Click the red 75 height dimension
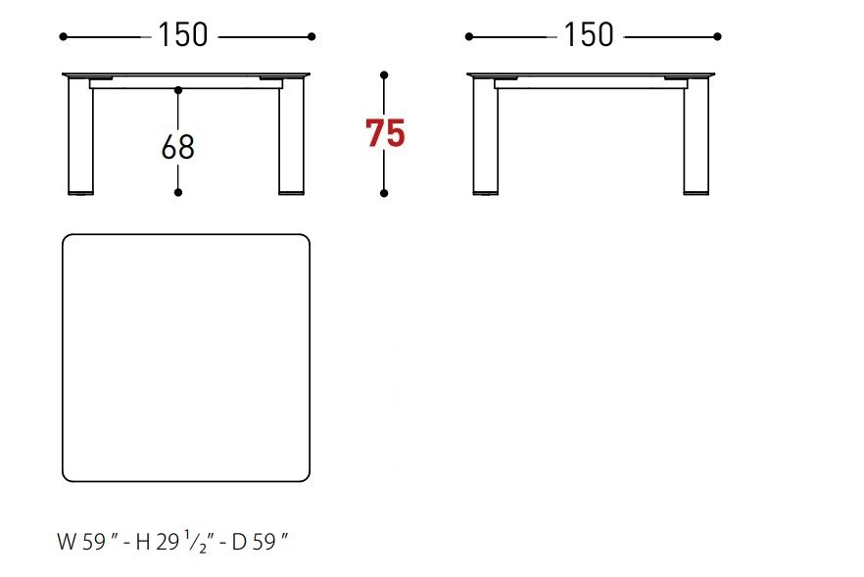(x=385, y=133)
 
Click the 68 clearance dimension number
(x=178, y=147)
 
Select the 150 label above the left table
(x=183, y=35)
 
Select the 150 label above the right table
(x=589, y=35)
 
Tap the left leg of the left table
(x=80, y=135)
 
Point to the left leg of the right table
(x=486, y=135)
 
